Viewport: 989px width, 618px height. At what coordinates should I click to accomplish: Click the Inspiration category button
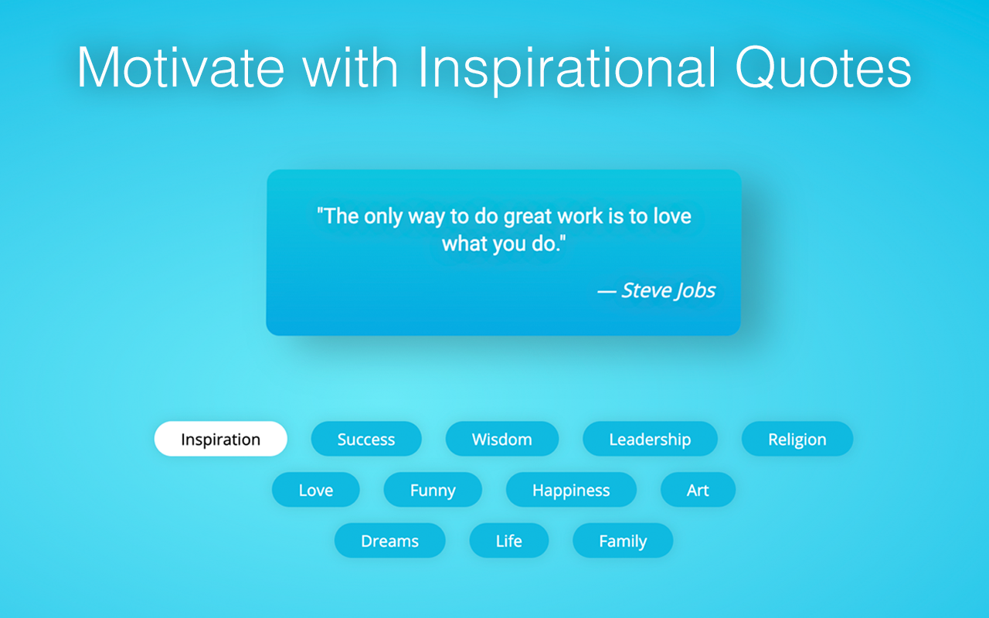point(221,439)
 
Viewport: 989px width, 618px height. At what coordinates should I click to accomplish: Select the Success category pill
point(366,439)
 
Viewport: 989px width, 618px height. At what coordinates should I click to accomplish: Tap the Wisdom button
point(502,439)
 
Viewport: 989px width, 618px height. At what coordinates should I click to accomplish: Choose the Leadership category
point(650,439)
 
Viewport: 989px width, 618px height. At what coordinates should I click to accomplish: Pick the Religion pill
point(797,439)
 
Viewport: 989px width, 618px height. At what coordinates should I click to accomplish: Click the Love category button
point(316,490)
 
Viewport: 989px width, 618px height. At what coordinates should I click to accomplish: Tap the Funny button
point(433,490)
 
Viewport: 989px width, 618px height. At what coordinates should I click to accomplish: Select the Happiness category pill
point(571,490)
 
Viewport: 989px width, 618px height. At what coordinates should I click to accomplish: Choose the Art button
point(698,490)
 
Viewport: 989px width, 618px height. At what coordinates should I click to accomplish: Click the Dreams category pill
point(390,540)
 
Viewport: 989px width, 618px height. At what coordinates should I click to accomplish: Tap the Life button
point(509,540)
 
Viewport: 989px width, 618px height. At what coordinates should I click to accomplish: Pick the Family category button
point(623,540)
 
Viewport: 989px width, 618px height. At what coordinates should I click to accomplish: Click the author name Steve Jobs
point(668,290)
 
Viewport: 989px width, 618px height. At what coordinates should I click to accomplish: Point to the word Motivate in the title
point(181,67)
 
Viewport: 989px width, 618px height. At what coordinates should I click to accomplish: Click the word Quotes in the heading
point(823,67)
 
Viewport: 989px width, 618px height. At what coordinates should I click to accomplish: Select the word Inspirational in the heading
point(566,70)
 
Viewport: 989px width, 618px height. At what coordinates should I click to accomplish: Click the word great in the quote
point(528,217)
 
